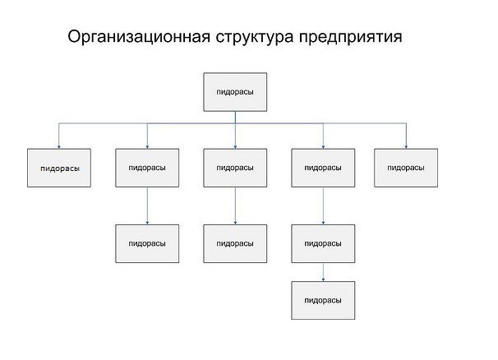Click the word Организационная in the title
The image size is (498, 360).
pos(139,37)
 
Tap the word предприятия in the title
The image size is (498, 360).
pos(350,38)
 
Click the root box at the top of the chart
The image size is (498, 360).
pos(235,92)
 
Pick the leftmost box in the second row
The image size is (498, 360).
pos(59,168)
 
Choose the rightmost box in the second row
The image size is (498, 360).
pos(406,168)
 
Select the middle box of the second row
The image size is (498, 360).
pos(235,168)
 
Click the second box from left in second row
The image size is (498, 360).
pos(147,168)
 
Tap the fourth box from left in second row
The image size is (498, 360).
pos(323,168)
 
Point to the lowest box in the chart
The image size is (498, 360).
pos(323,300)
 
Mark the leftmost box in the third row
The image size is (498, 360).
pos(147,244)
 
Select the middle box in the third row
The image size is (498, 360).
pos(235,244)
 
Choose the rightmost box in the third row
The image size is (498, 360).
pos(323,244)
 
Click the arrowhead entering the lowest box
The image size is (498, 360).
pos(323,279)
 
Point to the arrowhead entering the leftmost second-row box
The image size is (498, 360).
pos(58,147)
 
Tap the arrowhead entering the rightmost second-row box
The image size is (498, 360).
pos(406,147)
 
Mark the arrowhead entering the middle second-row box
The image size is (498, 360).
pos(235,147)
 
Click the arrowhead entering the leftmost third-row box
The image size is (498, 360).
pos(147,223)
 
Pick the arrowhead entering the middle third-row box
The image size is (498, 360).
pos(235,223)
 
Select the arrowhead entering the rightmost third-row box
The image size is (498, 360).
pos(323,223)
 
